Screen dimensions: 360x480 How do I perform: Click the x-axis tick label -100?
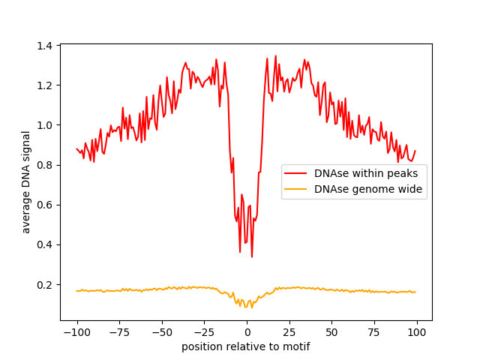pyautogui.click(x=76, y=333)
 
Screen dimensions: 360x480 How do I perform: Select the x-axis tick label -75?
pyautogui.click(x=119, y=333)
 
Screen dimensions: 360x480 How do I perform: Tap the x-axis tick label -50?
pyautogui.click(x=162, y=333)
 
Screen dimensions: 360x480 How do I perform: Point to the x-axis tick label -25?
pyautogui.click(x=204, y=333)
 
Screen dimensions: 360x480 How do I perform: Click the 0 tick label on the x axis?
pyautogui.click(x=247, y=333)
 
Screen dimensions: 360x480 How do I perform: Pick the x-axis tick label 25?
pyautogui.click(x=289, y=333)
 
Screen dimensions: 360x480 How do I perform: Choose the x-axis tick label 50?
pyautogui.click(x=332, y=333)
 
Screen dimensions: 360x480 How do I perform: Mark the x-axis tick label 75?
pyautogui.click(x=375, y=333)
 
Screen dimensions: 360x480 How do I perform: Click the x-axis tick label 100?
pyautogui.click(x=417, y=333)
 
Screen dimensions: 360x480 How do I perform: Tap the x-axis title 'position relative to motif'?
pyautogui.click(x=246, y=346)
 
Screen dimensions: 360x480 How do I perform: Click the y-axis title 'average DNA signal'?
pyautogui.click(x=26, y=182)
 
